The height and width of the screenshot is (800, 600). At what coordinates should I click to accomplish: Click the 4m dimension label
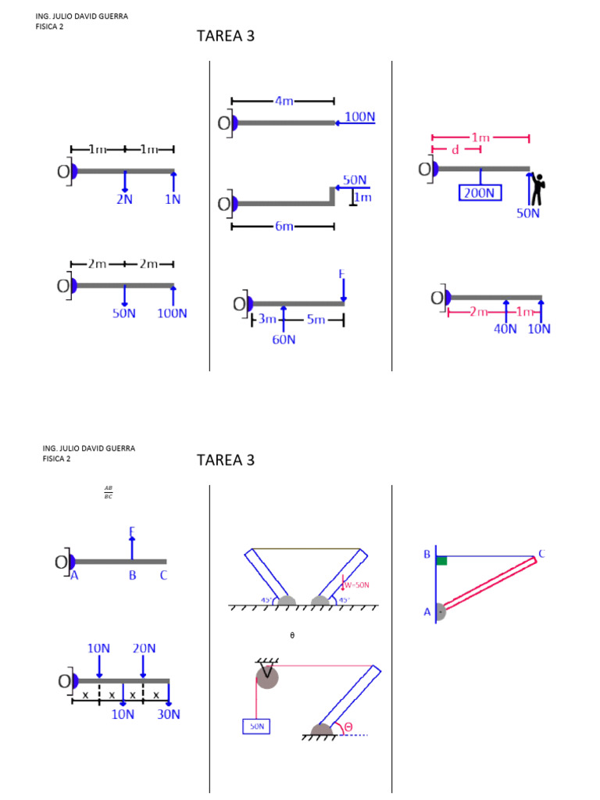[x=283, y=101]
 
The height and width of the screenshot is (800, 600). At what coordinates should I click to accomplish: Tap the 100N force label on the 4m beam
[x=359, y=117]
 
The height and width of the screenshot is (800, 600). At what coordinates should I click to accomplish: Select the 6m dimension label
[x=283, y=227]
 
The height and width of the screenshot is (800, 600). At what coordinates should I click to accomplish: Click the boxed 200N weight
[x=480, y=192]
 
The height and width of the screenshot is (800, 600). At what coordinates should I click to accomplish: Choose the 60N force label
[x=284, y=340]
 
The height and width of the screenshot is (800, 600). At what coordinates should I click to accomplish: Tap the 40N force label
[x=505, y=329]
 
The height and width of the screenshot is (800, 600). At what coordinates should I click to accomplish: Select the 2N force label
[x=124, y=199]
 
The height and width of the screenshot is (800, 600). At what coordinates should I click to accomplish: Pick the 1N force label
[x=173, y=199]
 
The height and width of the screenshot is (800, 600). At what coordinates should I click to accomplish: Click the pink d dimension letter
[x=455, y=149]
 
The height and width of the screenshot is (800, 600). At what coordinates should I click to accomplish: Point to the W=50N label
[x=356, y=584]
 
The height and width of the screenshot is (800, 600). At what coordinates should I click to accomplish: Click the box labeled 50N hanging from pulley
[x=257, y=727]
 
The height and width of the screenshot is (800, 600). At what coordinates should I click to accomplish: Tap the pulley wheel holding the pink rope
[x=267, y=677]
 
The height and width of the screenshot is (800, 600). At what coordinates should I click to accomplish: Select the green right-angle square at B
[x=441, y=560]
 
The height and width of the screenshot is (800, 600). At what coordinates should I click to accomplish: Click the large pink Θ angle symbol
[x=348, y=727]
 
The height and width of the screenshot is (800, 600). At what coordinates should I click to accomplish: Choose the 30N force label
[x=168, y=714]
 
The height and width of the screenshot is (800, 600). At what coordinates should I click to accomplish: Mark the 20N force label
[x=144, y=648]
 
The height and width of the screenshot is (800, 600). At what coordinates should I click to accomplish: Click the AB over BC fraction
[x=109, y=492]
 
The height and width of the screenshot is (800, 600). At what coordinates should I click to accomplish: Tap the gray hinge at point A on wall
[x=441, y=612]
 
